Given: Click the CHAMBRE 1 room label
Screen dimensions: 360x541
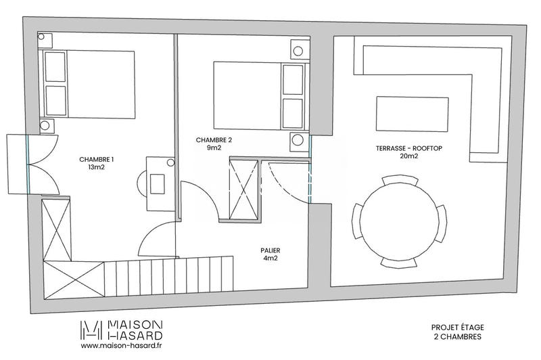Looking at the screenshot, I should pyautogui.click(x=97, y=160).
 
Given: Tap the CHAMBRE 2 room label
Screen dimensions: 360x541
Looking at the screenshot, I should pyautogui.click(x=214, y=140).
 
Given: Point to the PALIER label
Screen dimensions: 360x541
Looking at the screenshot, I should pyautogui.click(x=270, y=249).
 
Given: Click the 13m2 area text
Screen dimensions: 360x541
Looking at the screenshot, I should pyautogui.click(x=97, y=168).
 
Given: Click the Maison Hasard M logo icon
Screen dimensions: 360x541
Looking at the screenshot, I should pyautogui.click(x=92, y=330).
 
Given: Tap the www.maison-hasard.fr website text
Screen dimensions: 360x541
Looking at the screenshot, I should pyautogui.click(x=122, y=346).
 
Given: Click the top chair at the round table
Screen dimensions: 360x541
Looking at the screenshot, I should pyautogui.click(x=394, y=180).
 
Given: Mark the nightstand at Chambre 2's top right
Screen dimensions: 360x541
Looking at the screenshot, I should pyautogui.click(x=298, y=49).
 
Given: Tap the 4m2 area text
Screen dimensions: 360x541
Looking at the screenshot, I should pyautogui.click(x=270, y=258).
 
